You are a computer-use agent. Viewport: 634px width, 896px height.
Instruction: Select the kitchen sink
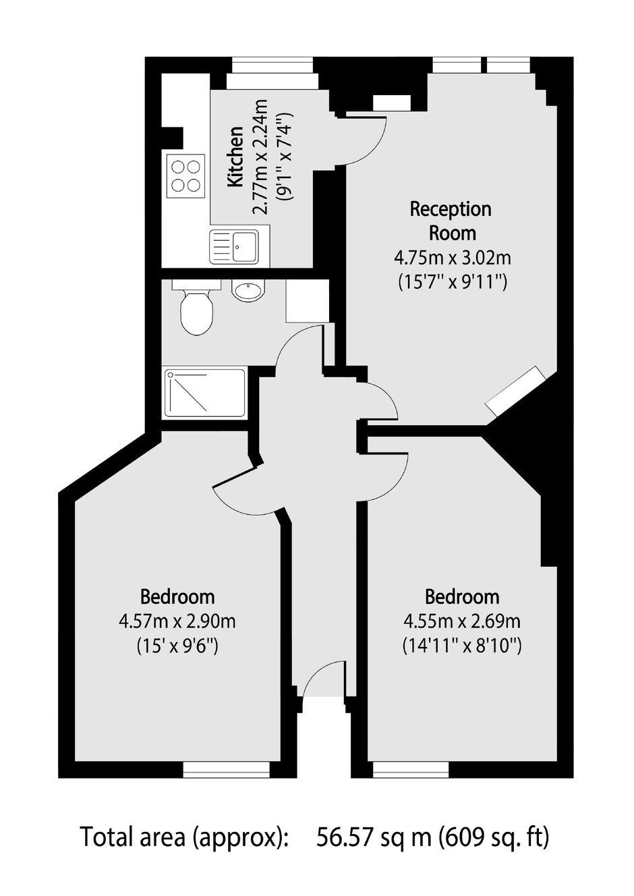[234, 246]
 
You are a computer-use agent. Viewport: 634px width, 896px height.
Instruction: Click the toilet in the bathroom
[196, 308]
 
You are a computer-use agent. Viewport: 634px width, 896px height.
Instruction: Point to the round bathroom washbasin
[248, 290]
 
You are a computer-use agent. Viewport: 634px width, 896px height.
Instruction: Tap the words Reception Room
[452, 221]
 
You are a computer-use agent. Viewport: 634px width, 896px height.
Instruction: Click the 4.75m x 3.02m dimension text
[453, 258]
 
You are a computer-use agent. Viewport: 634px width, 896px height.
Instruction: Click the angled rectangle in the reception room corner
[517, 391]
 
